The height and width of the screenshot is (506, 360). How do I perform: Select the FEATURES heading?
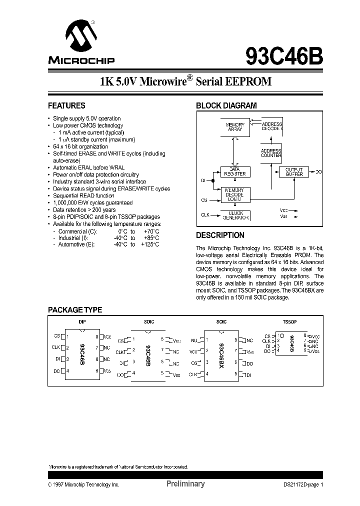pyautogui.click(x=66, y=106)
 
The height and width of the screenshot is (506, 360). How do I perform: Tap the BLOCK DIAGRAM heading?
pyautogui.click(x=226, y=106)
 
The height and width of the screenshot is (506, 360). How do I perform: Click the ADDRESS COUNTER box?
pyautogui.click(x=271, y=153)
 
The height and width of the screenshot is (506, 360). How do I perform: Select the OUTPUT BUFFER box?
pyautogui.click(x=294, y=172)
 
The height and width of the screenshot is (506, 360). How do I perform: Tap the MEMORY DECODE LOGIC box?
pyautogui.click(x=235, y=194)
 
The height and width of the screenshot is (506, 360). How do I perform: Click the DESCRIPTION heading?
pyautogui.click(x=220, y=235)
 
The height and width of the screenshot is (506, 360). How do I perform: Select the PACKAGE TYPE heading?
pyautogui.click(x=74, y=310)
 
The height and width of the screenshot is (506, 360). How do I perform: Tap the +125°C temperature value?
pyautogui.click(x=150, y=244)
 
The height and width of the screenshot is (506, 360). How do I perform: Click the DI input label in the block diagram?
pyautogui.click(x=203, y=180)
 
